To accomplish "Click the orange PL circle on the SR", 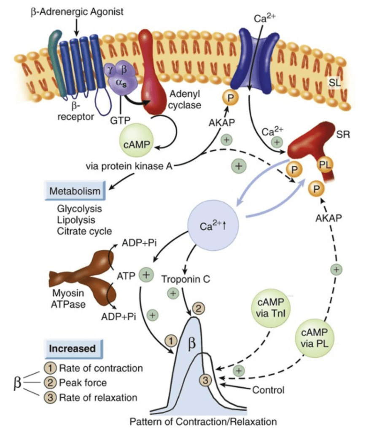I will (x=324, y=163).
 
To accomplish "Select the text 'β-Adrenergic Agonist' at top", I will (x=77, y=11).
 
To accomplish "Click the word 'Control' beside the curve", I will (x=268, y=390).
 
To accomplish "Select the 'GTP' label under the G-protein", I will (x=120, y=120).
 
